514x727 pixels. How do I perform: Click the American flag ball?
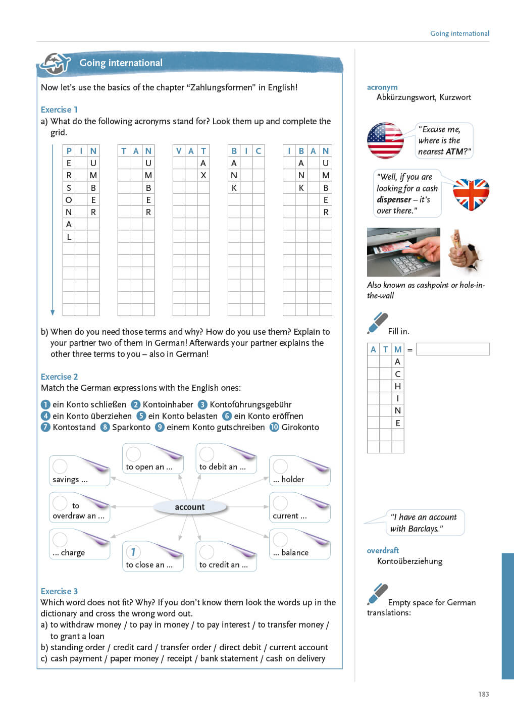385,140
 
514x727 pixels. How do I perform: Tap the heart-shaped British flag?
471,194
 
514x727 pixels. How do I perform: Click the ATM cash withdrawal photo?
403,251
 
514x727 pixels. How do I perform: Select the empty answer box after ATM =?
452,349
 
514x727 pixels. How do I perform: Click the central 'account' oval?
190,507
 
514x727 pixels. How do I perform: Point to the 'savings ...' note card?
79,471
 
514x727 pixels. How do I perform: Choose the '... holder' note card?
300,471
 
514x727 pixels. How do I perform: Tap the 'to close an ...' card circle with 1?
133,552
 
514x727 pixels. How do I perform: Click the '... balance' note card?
300,544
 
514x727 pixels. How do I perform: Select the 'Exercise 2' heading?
59,377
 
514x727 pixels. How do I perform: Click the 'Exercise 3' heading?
59,591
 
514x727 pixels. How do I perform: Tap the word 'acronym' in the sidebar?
382,87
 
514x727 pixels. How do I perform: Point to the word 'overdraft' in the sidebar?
383,550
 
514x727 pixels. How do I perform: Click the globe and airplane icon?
55,64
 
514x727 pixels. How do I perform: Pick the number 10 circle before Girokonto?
274,427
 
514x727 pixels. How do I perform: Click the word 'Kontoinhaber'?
168,404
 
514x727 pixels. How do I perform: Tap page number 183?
483,694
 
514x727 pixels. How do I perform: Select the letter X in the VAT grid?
203,175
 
